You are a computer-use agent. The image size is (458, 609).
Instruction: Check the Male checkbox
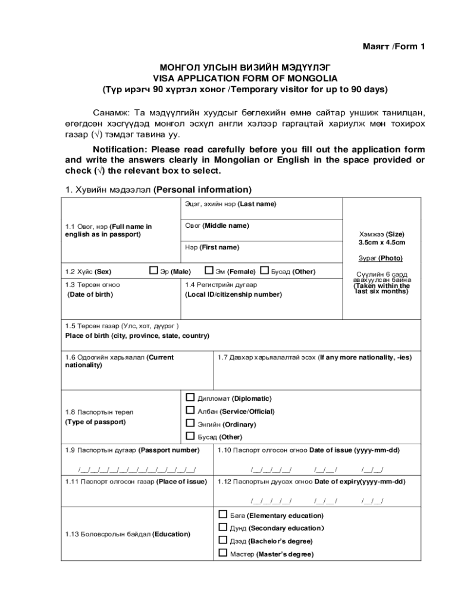[153, 271]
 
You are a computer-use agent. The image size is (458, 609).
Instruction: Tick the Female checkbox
[209, 271]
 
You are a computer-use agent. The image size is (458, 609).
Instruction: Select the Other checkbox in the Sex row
[265, 271]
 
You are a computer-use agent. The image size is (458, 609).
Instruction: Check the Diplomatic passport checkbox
[190, 397]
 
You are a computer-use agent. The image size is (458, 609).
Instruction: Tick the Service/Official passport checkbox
[190, 410]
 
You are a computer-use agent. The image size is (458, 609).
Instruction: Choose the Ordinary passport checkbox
[190, 423]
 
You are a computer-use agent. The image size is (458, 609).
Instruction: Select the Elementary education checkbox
[223, 514]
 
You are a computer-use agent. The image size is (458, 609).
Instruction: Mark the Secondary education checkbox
[223, 528]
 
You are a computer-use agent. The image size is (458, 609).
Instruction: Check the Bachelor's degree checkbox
[223, 541]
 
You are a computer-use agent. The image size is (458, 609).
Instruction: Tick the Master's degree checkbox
[223, 553]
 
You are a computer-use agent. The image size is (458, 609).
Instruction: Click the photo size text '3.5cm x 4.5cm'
[381, 243]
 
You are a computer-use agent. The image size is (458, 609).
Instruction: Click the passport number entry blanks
[137, 470]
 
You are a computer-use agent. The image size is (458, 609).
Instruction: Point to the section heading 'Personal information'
[202, 190]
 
